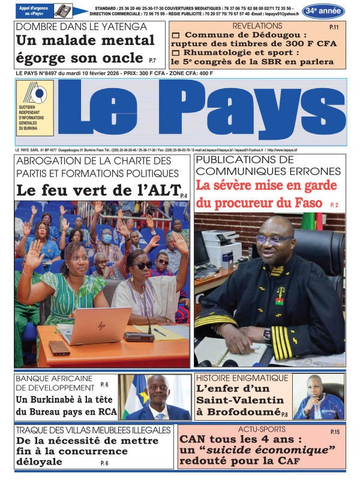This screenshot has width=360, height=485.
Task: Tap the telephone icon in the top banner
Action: click(62, 10)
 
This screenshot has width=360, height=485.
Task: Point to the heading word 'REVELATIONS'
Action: click(257, 26)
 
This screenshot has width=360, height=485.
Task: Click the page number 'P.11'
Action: click(334, 28)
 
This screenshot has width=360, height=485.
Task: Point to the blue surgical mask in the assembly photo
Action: click(107, 238)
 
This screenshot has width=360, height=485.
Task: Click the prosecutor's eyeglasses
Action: click(273, 239)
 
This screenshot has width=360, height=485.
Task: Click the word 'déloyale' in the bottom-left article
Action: click(39, 462)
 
